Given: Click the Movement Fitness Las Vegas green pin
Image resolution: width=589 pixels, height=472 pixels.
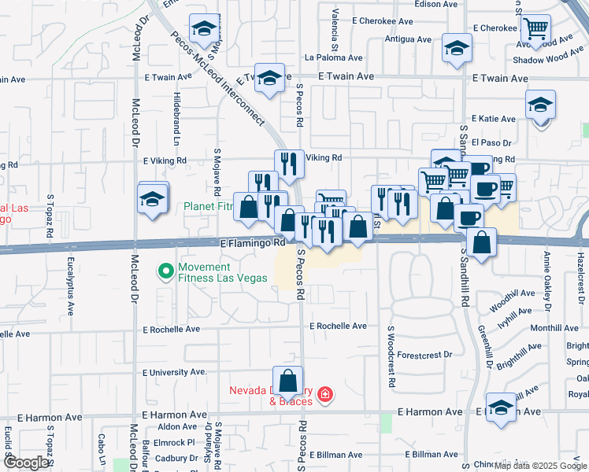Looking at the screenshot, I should (165, 272).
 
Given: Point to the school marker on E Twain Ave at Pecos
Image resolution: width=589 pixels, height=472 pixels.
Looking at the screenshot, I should (269, 79).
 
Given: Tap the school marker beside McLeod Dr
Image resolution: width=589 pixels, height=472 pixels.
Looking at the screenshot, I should (153, 199).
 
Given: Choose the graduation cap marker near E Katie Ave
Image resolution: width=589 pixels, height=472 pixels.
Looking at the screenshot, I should (540, 105).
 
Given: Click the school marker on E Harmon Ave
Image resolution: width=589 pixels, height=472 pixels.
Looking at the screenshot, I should (501, 407).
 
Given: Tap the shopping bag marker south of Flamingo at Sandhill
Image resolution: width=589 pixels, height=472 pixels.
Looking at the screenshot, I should (481, 243).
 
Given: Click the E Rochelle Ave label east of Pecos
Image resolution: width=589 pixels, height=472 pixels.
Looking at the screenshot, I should (338, 326).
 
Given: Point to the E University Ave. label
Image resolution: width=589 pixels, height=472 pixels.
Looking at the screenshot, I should (174, 372).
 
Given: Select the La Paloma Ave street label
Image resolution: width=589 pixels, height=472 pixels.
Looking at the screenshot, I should (334, 57).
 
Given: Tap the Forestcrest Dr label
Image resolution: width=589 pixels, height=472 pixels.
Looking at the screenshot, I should (424, 355).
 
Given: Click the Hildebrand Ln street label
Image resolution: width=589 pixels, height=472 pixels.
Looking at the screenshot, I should (177, 117).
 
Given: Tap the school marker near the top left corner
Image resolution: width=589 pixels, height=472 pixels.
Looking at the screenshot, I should (204, 31).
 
